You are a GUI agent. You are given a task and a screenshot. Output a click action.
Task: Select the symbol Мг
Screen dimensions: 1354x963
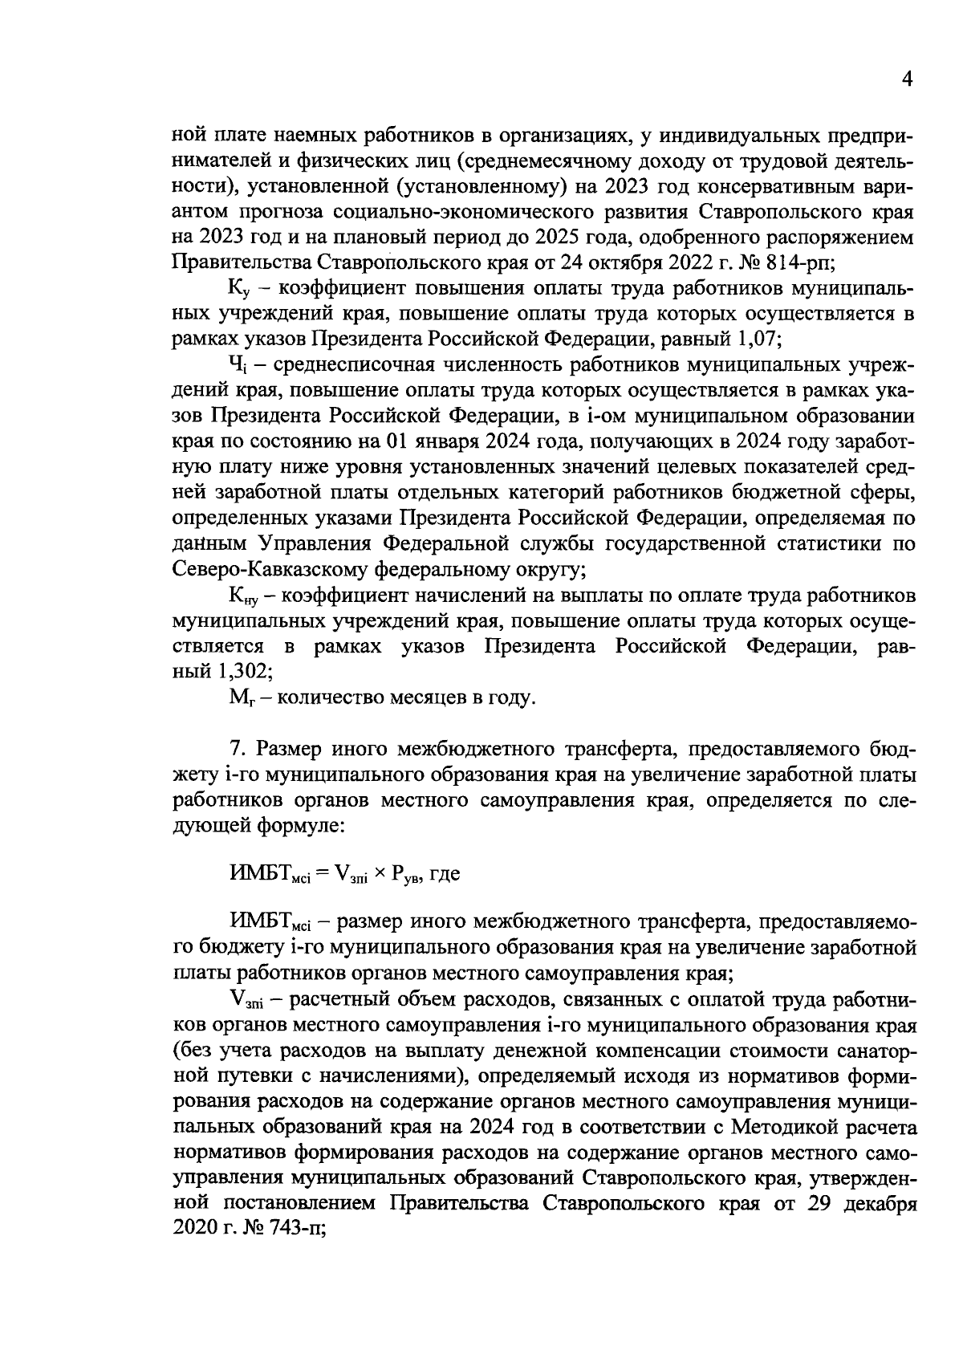[241, 697]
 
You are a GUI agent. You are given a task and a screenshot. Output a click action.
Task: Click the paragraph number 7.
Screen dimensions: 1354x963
[236, 748]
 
